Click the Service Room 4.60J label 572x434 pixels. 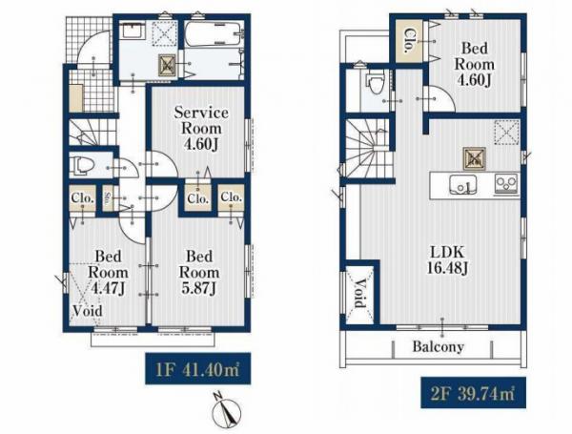(201, 128)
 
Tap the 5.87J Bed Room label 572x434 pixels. (199, 272)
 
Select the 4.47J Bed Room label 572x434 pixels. (108, 272)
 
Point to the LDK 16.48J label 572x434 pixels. (447, 259)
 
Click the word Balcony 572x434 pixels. (439, 346)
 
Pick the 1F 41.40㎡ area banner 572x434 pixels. (197, 368)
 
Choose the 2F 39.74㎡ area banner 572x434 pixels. (473, 392)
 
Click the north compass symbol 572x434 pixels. (226, 409)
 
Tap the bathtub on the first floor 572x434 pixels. (213, 33)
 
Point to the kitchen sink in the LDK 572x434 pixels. (462, 184)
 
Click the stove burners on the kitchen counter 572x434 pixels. (506, 183)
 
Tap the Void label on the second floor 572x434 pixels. (360, 294)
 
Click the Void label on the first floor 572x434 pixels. (88, 311)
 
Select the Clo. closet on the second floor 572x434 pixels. (409, 40)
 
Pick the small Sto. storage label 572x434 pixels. (108, 198)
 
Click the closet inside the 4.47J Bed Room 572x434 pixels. (83, 198)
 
